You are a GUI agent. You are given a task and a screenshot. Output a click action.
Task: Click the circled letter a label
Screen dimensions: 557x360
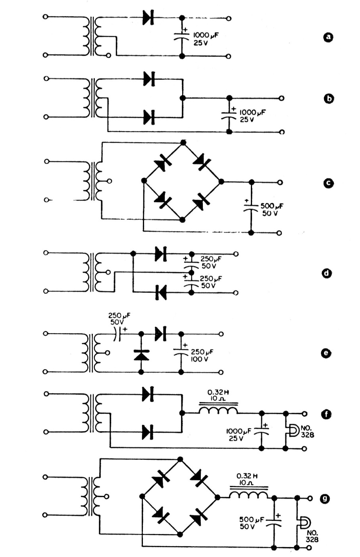tap(328, 37)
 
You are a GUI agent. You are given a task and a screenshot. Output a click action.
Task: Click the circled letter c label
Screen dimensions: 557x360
tap(328, 183)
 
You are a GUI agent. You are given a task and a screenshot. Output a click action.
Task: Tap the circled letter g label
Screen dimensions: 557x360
tap(325, 498)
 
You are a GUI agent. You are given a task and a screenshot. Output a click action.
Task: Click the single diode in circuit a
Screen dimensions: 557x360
tap(148, 18)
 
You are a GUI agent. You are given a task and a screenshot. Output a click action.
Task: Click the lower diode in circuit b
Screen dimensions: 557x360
tap(149, 117)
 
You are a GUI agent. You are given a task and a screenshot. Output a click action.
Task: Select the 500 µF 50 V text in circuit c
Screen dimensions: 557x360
tap(272, 209)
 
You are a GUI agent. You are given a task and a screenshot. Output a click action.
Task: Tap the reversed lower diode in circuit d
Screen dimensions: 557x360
tap(161, 292)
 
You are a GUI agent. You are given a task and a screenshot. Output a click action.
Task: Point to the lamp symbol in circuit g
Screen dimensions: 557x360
tap(305, 523)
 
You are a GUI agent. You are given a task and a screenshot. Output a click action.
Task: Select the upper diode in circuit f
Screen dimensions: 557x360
tap(148, 394)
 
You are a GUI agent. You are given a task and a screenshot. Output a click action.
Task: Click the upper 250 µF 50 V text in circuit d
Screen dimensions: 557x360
tap(211, 262)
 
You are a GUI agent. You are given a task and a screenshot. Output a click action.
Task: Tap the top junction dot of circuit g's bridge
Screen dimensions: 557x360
tap(180, 459)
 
